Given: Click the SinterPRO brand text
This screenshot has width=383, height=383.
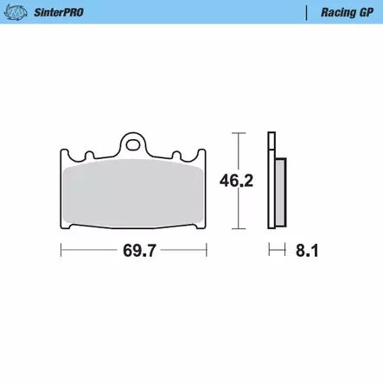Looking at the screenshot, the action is [x=59, y=12].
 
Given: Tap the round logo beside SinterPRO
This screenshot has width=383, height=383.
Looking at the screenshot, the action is [x=16, y=12].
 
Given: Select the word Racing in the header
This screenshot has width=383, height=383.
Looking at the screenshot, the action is [x=335, y=13].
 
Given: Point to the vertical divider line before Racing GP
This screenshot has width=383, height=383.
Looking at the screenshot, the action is [x=306, y=13].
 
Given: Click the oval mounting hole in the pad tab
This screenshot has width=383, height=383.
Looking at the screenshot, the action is [x=133, y=144].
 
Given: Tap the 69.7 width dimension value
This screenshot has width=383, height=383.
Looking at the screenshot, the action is [x=139, y=251].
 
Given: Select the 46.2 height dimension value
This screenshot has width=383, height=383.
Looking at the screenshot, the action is [x=236, y=181].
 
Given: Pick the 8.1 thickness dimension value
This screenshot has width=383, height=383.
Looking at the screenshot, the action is [x=307, y=251].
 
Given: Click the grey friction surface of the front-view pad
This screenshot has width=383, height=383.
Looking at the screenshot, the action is [x=133, y=193].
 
